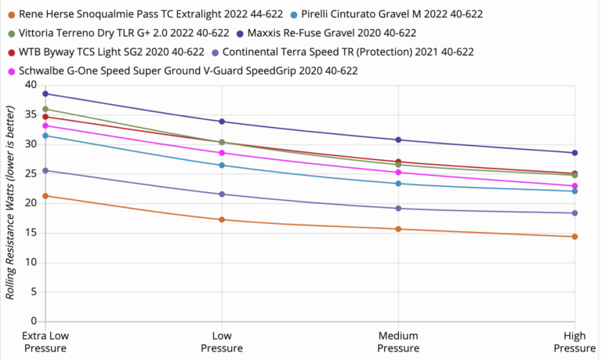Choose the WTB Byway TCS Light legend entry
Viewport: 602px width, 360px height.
click(110, 52)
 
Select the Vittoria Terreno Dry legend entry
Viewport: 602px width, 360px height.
click(122, 33)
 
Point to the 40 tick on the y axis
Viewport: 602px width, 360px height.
click(31, 85)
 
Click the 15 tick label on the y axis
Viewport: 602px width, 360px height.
click(31, 232)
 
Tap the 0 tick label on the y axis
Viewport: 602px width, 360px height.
click(34, 321)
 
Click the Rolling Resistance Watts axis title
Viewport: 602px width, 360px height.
click(11, 203)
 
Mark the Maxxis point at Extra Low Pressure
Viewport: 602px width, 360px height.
click(45, 93)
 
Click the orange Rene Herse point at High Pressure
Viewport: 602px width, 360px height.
click(575, 236)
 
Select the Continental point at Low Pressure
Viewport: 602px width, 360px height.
click(222, 194)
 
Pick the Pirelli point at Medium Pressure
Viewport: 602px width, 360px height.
click(398, 184)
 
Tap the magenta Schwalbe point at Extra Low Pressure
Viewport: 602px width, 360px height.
click(45, 125)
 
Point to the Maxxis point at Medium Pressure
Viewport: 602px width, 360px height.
click(398, 140)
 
